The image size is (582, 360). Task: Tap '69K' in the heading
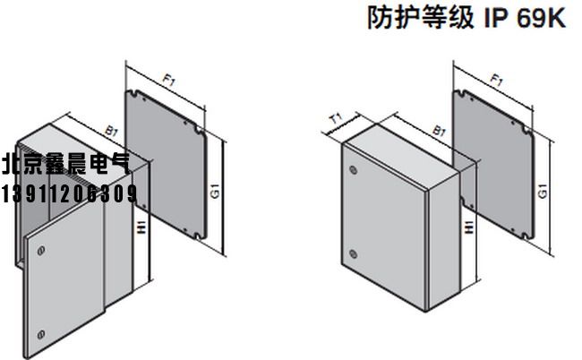point(542,19)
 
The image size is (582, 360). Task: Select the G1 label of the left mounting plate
point(215,191)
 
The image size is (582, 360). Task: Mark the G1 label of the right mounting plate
point(546,191)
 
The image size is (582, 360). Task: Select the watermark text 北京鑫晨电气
point(65,166)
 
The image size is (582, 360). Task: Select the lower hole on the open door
point(39,335)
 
